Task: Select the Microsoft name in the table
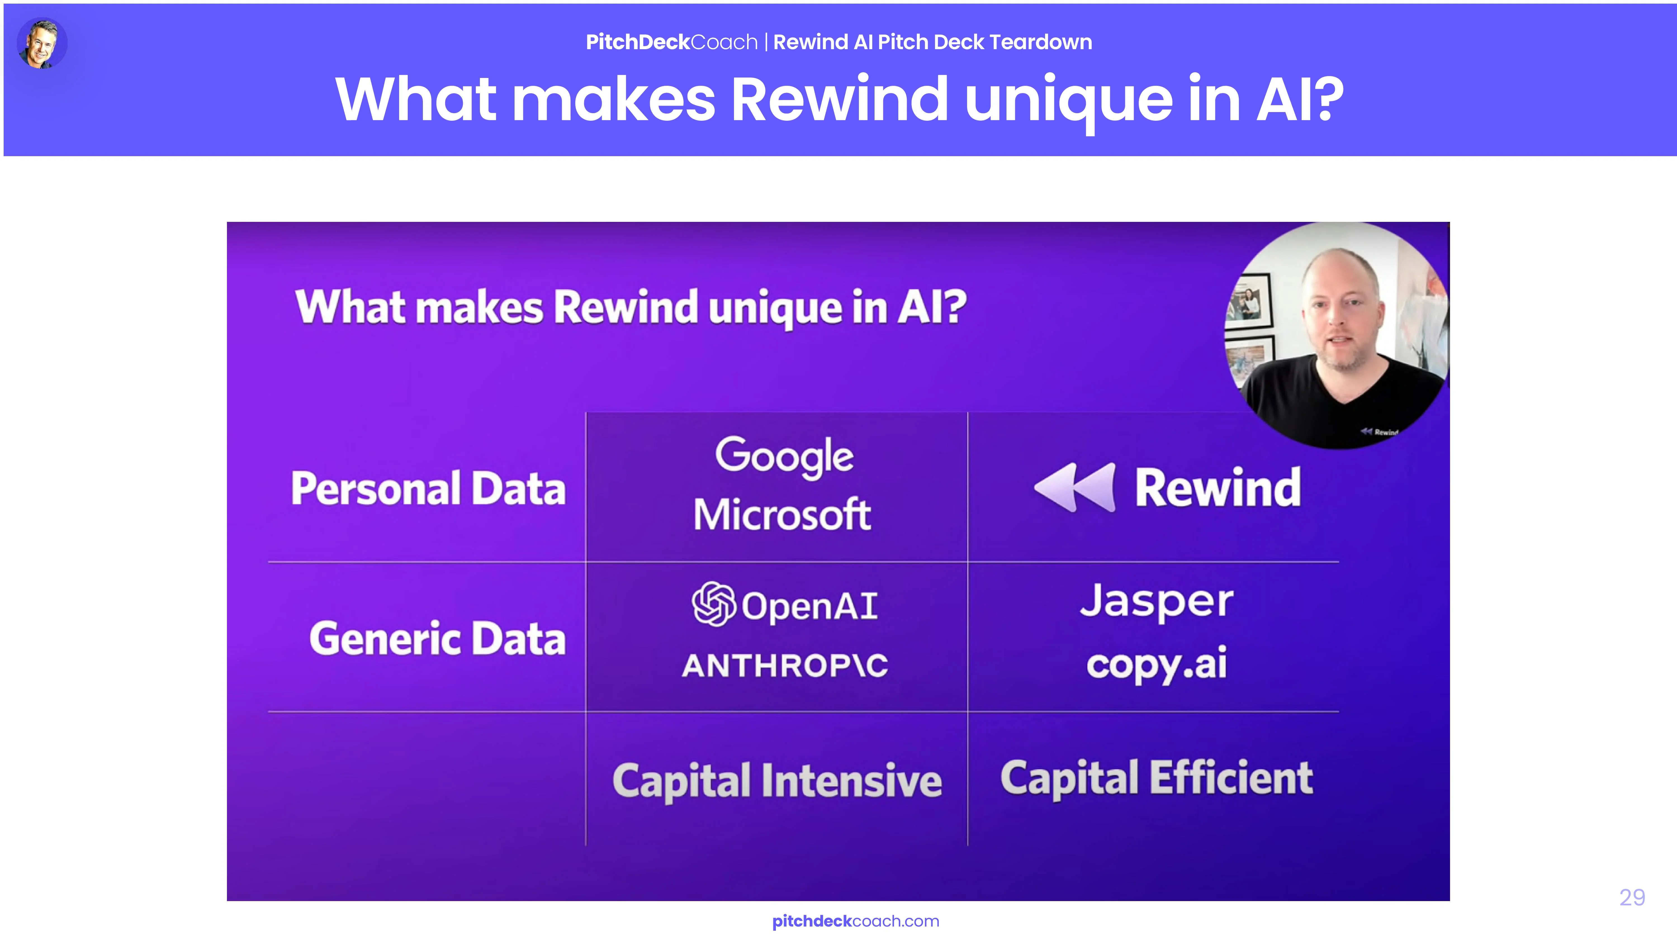[x=783, y=514]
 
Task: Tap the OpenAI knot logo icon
[x=714, y=604]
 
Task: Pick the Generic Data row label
[x=437, y=638]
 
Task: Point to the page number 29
[x=1632, y=897]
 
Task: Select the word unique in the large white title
[x=1069, y=101]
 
